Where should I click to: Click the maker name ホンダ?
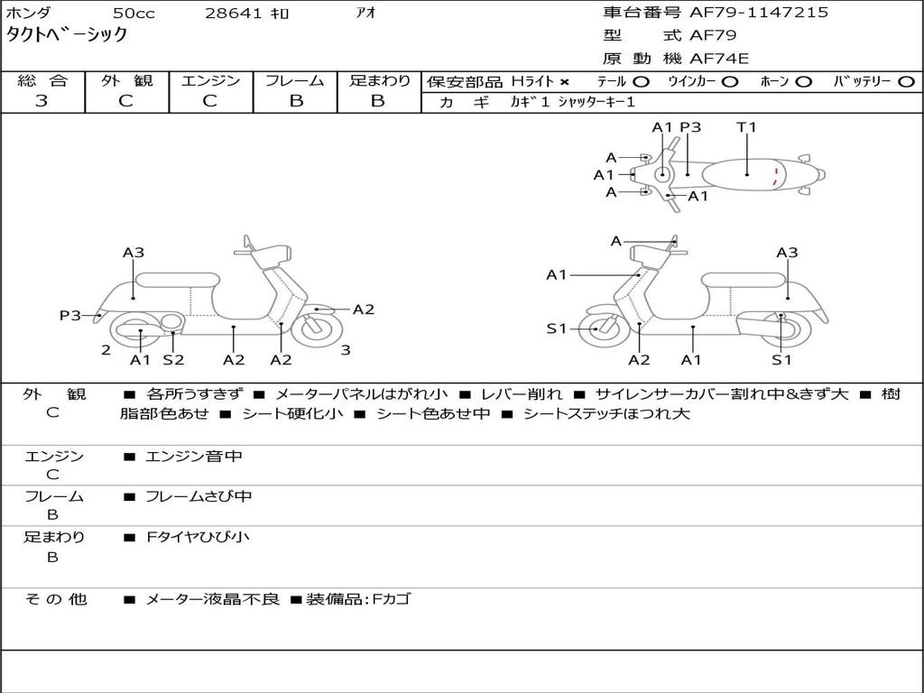pyautogui.click(x=28, y=14)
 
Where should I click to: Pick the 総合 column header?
pyautogui.click(x=42, y=81)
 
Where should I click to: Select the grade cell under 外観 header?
pyautogui.click(x=126, y=101)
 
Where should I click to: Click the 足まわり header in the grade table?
pyautogui.click(x=380, y=81)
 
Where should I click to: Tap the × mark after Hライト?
pyautogui.click(x=565, y=82)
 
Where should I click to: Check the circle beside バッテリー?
pyautogui.click(x=906, y=82)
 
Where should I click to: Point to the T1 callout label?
pyautogui.click(x=746, y=127)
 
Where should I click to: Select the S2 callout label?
pyautogui.click(x=173, y=360)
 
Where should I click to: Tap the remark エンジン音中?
pyautogui.click(x=194, y=457)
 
